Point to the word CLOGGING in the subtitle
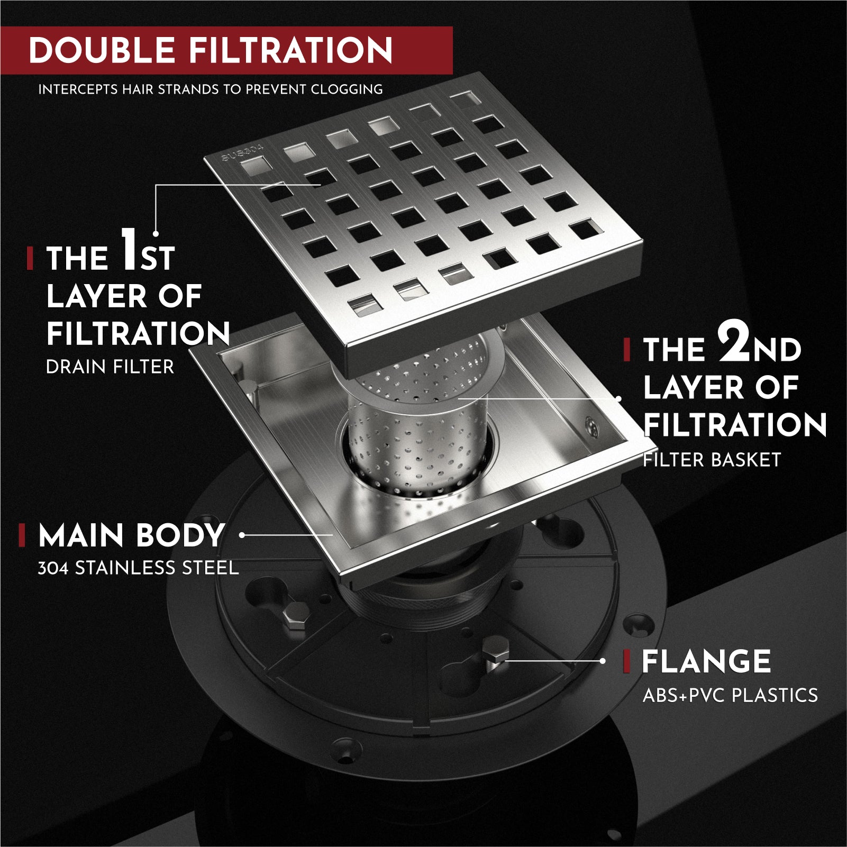pos(347,89)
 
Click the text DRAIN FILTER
pos(110,367)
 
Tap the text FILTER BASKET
pos(712,460)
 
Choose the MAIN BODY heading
pos(131,535)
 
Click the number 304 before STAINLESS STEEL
pos(53,568)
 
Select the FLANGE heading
pos(706,661)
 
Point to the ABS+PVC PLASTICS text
pos(730,695)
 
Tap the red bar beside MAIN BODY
pos(22,535)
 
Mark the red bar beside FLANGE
pos(627,661)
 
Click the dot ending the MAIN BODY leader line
pos(242,535)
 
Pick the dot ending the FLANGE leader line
pos(603,661)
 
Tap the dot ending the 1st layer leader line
pos(156,233)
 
